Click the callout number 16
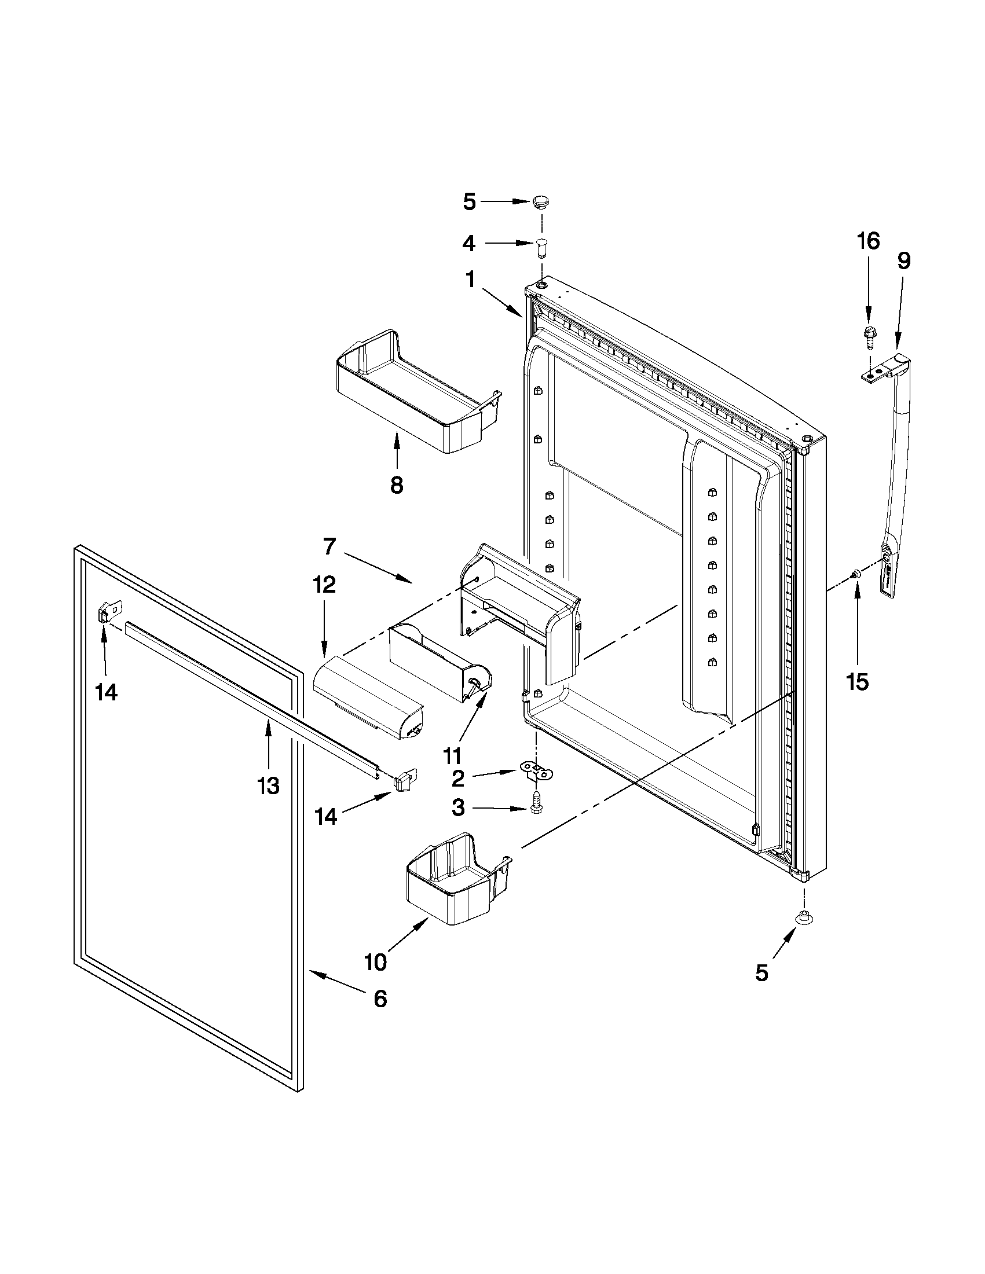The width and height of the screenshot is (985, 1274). click(868, 241)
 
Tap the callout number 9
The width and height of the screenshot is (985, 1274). click(903, 260)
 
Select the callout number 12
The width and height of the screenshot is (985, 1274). click(324, 585)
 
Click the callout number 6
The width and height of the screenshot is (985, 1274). click(380, 999)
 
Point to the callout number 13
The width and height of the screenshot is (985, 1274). click(269, 786)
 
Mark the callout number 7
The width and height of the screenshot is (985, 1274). click(329, 546)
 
